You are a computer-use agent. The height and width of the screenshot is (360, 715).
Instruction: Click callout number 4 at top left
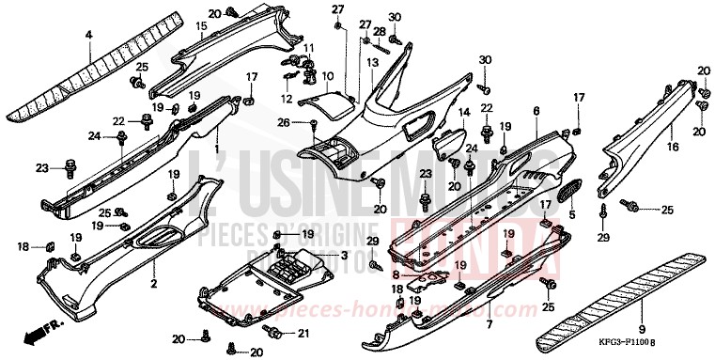[89, 35]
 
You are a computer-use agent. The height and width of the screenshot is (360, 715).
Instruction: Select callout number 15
[200, 26]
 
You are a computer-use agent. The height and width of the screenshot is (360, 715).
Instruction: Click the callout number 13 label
[372, 61]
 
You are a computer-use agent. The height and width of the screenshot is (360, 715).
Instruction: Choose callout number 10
[327, 75]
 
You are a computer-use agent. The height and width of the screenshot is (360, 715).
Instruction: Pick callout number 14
[462, 113]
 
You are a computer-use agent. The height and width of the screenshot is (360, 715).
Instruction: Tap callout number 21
[303, 334]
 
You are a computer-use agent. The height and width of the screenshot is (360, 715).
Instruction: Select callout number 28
[380, 32]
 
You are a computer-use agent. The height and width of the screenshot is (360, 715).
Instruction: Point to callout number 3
[344, 256]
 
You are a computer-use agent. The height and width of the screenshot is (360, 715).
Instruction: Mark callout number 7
[488, 325]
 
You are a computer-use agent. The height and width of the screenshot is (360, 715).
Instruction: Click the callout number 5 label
[570, 214]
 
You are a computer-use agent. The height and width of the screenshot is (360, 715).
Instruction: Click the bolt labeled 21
[274, 333]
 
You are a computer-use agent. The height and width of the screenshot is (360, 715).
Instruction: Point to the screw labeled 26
[311, 123]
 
